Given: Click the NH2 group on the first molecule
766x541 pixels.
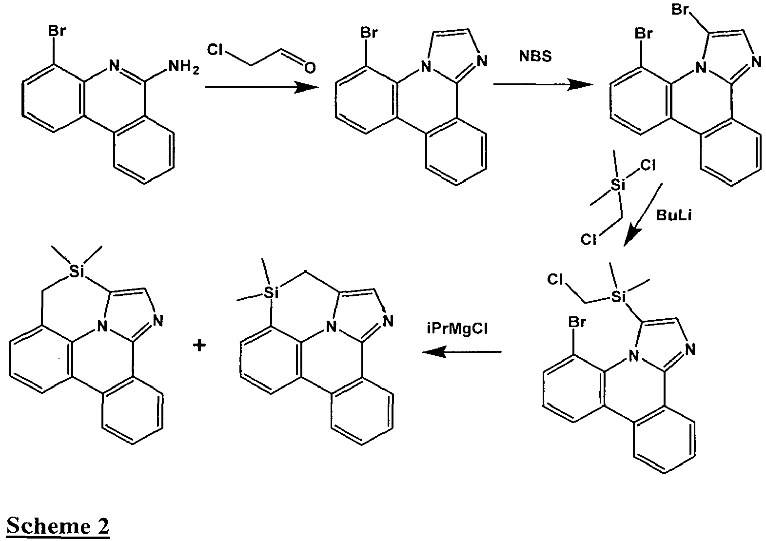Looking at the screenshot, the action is pyautogui.click(x=183, y=66).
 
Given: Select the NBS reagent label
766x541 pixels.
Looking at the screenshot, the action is pyautogui.click(x=535, y=56).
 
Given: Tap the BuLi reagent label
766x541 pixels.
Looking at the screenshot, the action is pyautogui.click(x=674, y=215).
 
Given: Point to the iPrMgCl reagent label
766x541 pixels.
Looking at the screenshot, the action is pyautogui.click(x=457, y=328).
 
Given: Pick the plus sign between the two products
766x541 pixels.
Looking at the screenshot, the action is pyautogui.click(x=199, y=346).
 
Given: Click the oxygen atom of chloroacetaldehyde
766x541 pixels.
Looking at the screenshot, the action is pyautogui.click(x=310, y=68).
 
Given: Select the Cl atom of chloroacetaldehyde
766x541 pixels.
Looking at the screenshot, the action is pyautogui.click(x=215, y=50).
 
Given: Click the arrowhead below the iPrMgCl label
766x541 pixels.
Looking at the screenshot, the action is pyautogui.click(x=434, y=352).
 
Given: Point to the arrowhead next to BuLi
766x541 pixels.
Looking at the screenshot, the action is pyautogui.click(x=630, y=238).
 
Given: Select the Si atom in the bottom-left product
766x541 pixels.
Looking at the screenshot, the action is pyautogui.click(x=77, y=271).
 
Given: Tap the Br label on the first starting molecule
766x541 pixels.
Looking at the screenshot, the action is pyautogui.click(x=57, y=31).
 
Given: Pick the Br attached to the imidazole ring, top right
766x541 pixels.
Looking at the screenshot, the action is pyautogui.click(x=680, y=10).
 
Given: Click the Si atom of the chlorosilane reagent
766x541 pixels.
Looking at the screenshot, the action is pyautogui.click(x=618, y=185).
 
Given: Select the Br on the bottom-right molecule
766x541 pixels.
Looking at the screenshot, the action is pyautogui.click(x=577, y=323).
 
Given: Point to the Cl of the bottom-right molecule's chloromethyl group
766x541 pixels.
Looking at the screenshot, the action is pyautogui.click(x=555, y=280).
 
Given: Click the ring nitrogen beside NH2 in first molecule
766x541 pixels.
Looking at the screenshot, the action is pyautogui.click(x=114, y=65).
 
